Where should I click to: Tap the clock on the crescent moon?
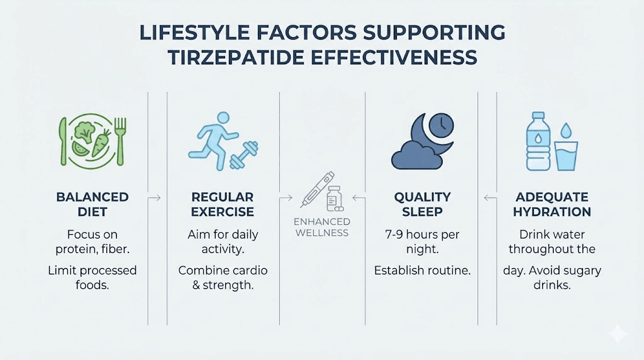[x=441, y=123]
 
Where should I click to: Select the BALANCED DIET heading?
[x=92, y=204]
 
